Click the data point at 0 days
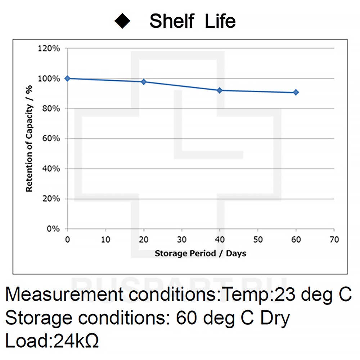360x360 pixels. pyautogui.click(x=67, y=78)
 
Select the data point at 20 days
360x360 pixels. pyautogui.click(x=144, y=82)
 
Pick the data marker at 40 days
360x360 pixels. pyautogui.click(x=220, y=90)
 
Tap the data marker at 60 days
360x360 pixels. pyautogui.click(x=296, y=93)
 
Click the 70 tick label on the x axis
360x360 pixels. pyautogui.click(x=334, y=240)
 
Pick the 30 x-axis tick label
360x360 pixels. pyautogui.click(x=182, y=240)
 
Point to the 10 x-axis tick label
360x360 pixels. pyautogui.click(x=105, y=240)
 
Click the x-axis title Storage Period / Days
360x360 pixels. pyautogui.click(x=201, y=253)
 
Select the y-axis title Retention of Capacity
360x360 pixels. pyautogui.click(x=29, y=139)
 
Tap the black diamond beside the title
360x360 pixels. pyautogui.click(x=122, y=21)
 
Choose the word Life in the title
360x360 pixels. pyautogui.click(x=220, y=21)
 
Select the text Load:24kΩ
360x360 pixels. pyautogui.click(x=52, y=341)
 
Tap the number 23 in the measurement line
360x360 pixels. pyautogui.click(x=285, y=296)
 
